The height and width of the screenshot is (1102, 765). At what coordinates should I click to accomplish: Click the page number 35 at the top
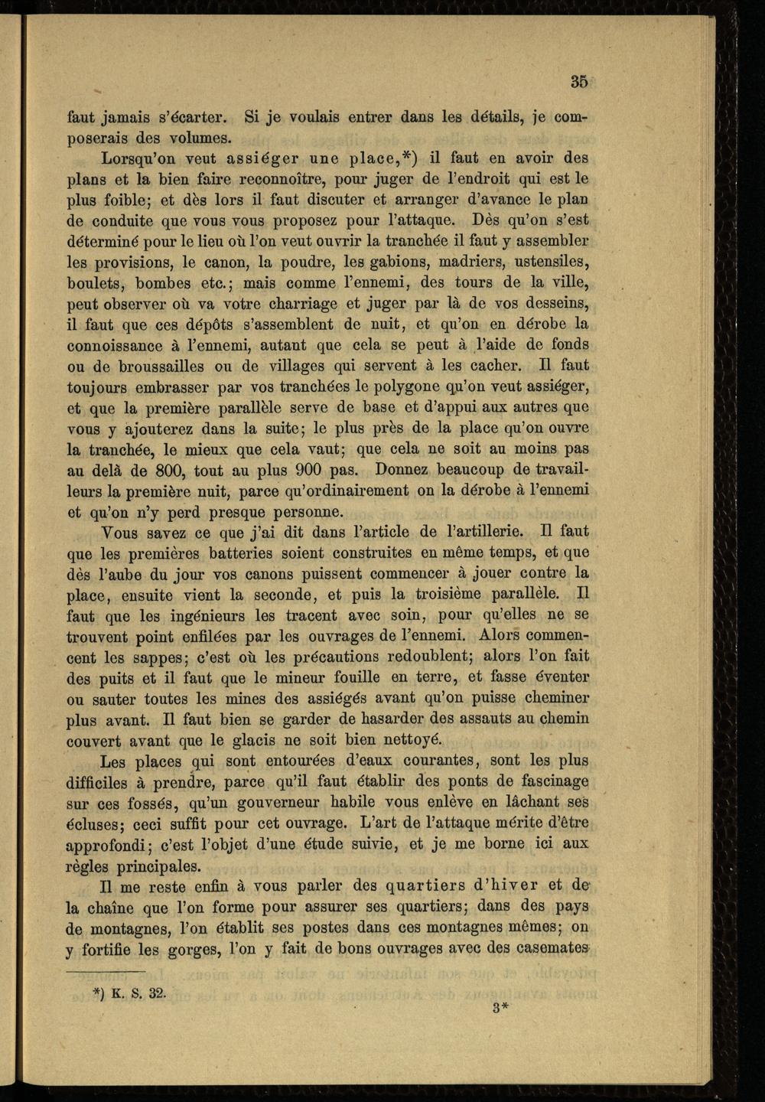tap(578, 81)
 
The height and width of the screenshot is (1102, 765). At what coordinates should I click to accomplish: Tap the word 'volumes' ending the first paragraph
tap(197, 139)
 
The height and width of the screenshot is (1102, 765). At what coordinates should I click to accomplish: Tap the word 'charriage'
tap(317, 304)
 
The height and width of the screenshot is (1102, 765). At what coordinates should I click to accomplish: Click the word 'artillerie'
tap(483, 531)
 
